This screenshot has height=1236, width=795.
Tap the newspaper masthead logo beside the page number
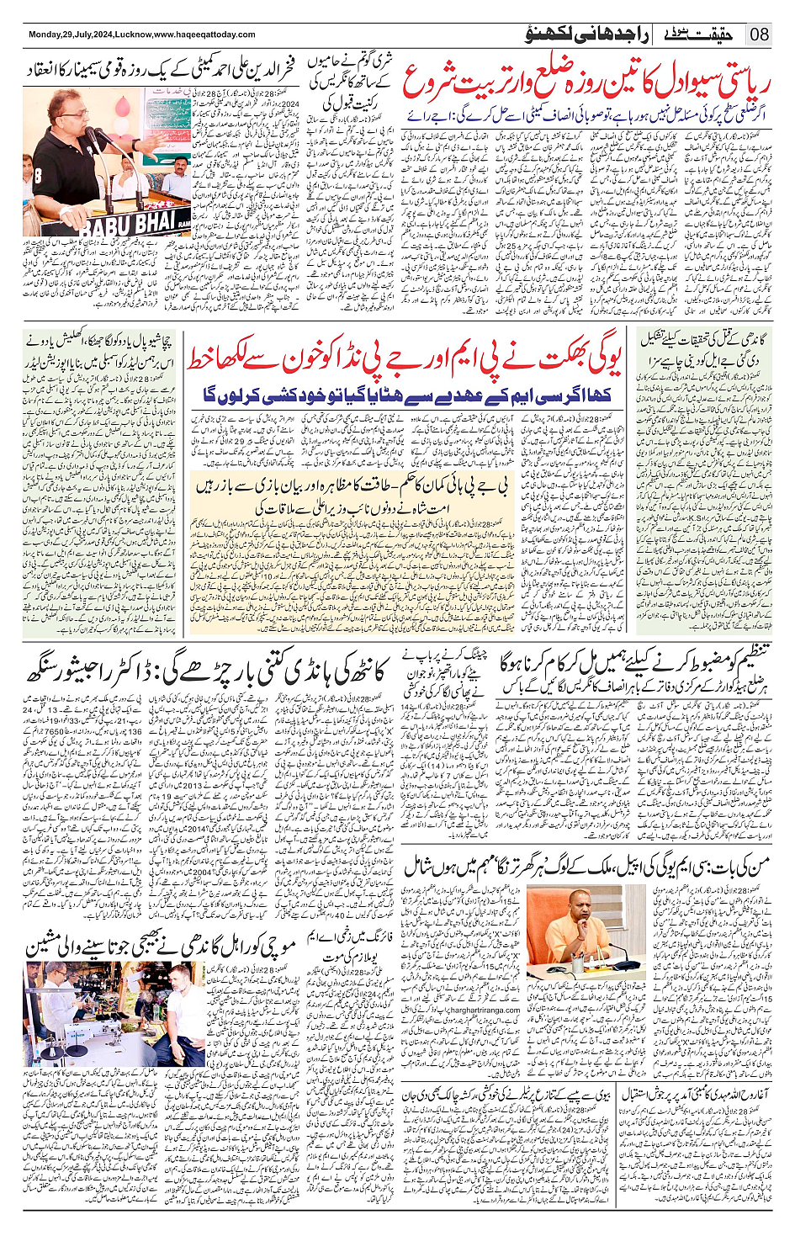coord(706,34)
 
